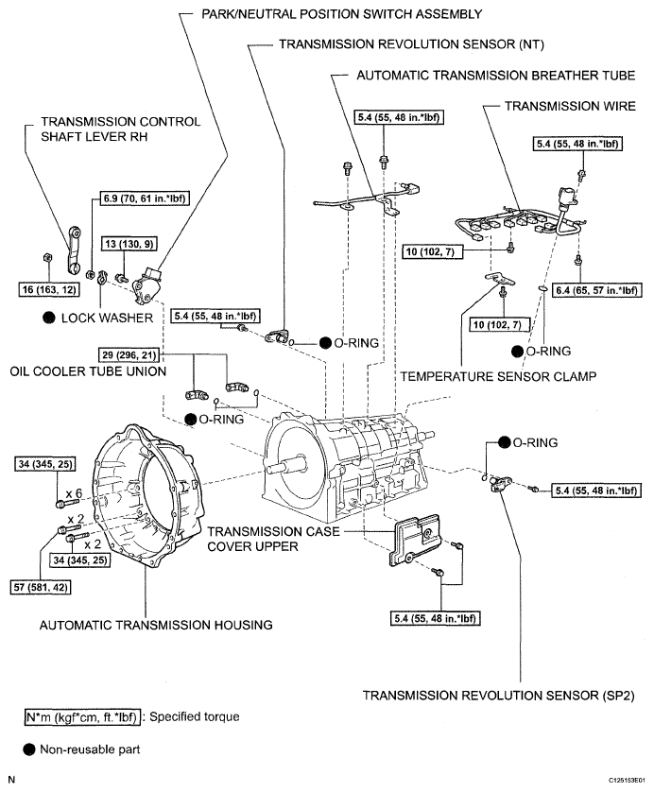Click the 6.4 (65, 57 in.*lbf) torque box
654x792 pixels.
point(596,290)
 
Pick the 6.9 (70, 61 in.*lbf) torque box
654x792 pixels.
point(144,198)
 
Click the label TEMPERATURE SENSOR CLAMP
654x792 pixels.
point(498,377)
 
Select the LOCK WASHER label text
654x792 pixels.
point(107,318)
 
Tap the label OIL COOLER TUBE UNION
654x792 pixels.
point(88,371)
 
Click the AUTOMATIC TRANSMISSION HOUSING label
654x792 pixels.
point(156,626)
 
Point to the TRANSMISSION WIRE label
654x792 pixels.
point(570,106)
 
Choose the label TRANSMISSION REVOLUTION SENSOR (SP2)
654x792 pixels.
point(498,696)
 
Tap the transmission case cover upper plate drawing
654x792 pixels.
point(416,540)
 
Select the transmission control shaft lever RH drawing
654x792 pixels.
point(74,250)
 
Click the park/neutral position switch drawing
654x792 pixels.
point(146,285)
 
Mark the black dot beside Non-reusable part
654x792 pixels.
point(29,749)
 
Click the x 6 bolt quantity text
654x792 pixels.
point(74,493)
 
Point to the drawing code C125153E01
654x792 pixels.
point(627,781)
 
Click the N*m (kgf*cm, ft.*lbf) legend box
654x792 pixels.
point(82,717)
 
